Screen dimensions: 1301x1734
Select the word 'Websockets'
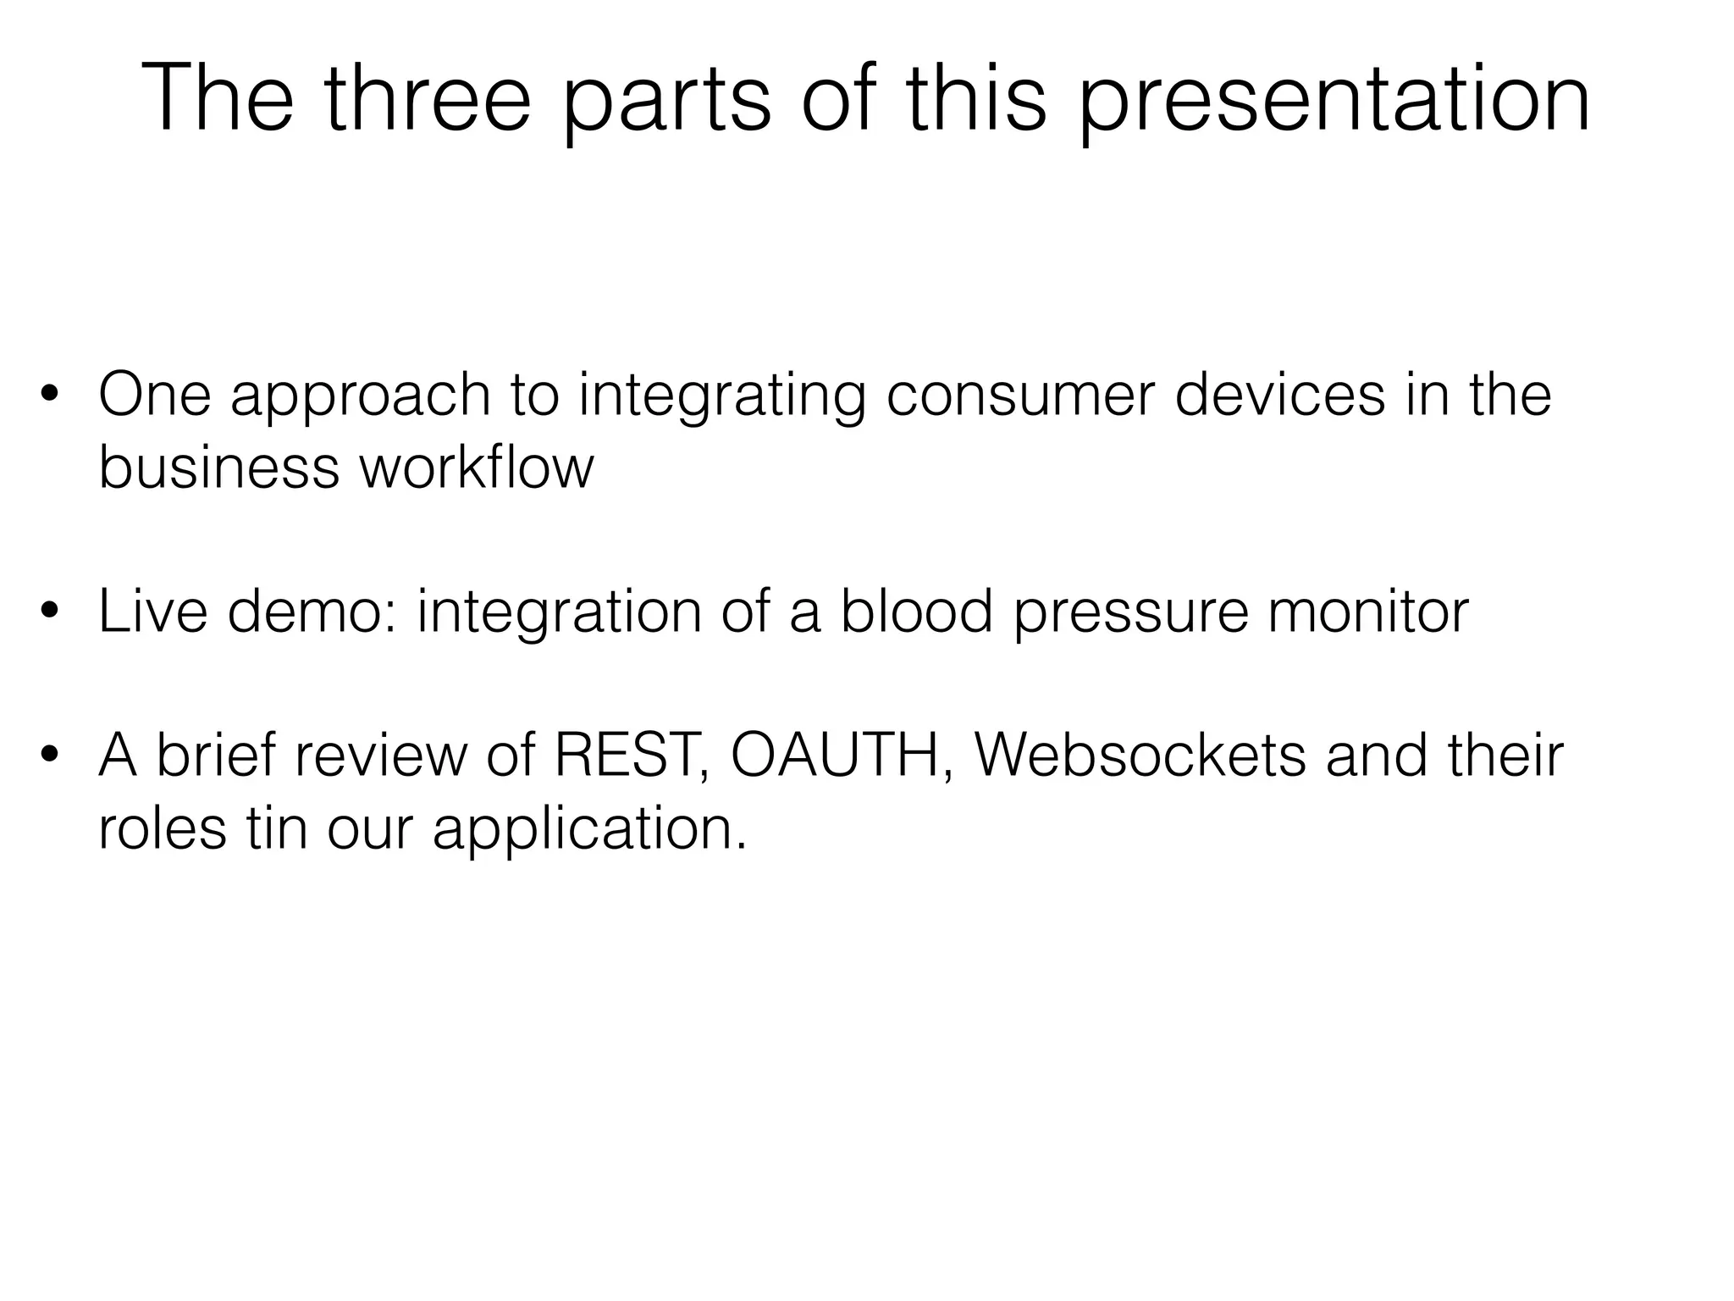(x=1140, y=754)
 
